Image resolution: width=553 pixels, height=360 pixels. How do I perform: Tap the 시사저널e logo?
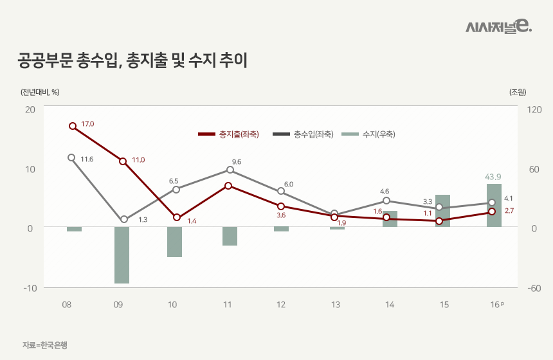click(x=498, y=26)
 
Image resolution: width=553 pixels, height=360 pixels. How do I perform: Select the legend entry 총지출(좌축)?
click(x=228, y=134)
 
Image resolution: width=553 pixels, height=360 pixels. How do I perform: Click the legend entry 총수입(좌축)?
click(x=302, y=134)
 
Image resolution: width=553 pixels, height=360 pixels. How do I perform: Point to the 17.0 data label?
click(x=87, y=123)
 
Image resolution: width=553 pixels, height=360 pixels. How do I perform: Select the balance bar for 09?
click(x=122, y=255)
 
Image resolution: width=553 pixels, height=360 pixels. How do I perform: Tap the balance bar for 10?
click(x=175, y=242)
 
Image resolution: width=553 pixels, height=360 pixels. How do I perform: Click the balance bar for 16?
click(x=494, y=205)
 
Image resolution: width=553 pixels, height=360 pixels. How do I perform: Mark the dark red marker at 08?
click(x=73, y=126)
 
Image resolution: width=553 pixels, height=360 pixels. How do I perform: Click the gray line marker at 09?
click(x=124, y=220)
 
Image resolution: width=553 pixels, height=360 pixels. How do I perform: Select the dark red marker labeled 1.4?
click(x=177, y=218)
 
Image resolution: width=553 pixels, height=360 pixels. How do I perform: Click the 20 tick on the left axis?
click(x=30, y=110)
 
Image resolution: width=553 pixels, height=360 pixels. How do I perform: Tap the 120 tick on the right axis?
click(x=534, y=110)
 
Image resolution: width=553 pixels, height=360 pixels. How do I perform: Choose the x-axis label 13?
click(x=336, y=304)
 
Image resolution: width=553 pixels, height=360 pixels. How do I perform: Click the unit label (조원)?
click(x=518, y=92)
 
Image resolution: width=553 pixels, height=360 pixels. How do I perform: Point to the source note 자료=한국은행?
click(x=44, y=345)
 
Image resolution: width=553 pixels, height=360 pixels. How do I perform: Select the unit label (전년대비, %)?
click(x=40, y=92)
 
